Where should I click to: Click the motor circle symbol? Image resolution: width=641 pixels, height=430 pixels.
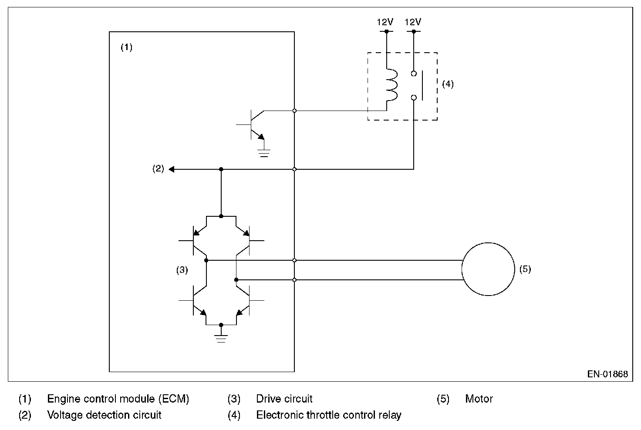pos(462,269)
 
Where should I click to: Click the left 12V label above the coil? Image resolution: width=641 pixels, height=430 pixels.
pos(385,22)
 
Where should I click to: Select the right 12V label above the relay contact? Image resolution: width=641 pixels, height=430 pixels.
pos(413,22)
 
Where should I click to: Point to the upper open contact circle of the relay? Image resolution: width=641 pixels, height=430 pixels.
pos(414,74)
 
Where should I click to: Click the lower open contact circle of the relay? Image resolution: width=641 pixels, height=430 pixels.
pos(414,97)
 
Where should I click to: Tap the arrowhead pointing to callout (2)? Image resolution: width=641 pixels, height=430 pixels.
pos(172,169)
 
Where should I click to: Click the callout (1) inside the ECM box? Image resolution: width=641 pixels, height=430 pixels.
pos(126,47)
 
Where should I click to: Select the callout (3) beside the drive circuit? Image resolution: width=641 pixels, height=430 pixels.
pos(182,270)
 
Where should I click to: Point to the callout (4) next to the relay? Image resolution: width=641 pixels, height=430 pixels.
pos(448,84)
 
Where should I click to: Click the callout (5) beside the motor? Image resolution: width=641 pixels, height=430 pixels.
pos(525,269)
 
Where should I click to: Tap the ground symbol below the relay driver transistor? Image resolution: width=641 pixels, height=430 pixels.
pos(264,153)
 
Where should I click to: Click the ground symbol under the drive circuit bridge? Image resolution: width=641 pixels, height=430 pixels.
pos(221,339)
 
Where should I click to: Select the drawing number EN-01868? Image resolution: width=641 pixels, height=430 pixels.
pos(607,374)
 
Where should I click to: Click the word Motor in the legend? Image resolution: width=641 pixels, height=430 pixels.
pos(479,399)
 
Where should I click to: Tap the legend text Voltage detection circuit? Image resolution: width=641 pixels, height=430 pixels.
pos(104,415)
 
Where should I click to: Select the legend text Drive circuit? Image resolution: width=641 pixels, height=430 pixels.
pos(284,399)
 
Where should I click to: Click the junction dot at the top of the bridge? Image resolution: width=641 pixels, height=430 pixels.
pos(221,216)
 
